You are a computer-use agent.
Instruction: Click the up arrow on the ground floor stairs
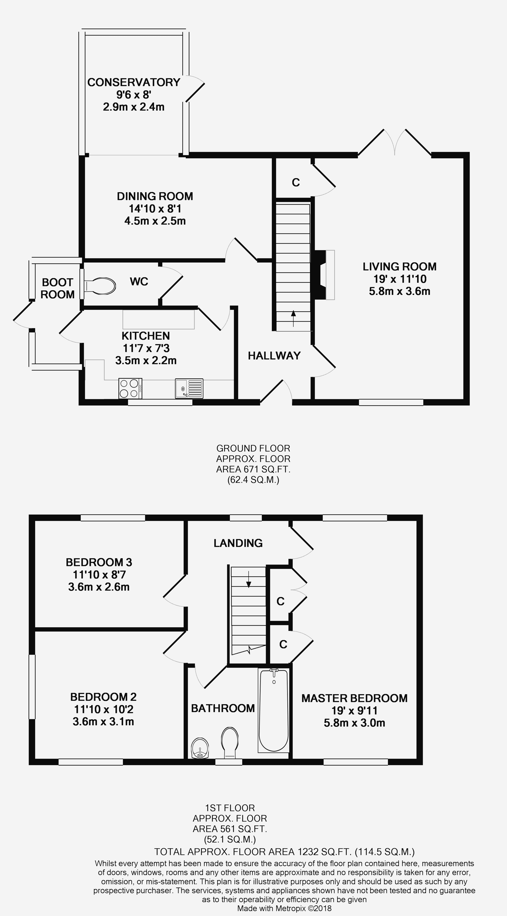(293, 318)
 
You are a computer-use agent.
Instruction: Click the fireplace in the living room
(323, 275)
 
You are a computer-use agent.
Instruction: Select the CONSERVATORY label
(134, 82)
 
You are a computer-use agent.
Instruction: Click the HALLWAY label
(274, 356)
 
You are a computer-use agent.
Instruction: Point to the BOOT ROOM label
(58, 288)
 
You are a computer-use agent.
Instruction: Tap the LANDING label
(238, 543)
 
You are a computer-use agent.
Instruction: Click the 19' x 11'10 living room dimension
(400, 279)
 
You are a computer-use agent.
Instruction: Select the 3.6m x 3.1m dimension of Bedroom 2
(103, 722)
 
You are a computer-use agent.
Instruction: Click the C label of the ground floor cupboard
(296, 182)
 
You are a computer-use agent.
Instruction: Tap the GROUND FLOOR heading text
(253, 448)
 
